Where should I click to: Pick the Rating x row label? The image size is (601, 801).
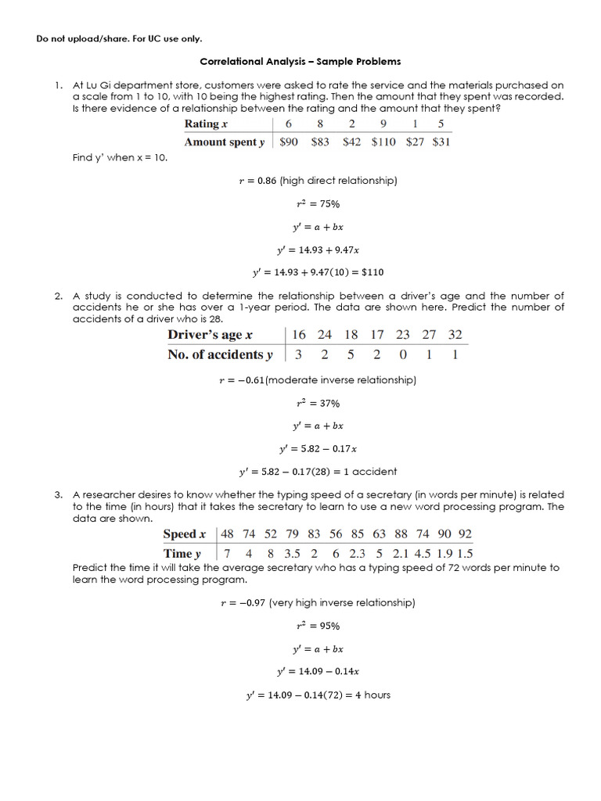[206, 124]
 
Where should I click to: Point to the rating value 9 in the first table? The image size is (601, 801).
[383, 124]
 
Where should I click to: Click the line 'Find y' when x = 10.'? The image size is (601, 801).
[120, 157]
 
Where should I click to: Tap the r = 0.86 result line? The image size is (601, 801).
[318, 181]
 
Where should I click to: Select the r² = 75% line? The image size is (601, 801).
[317, 204]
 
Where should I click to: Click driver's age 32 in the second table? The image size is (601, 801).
[455, 335]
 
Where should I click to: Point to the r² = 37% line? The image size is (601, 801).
[317, 404]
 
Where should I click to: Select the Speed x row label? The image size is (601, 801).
[184, 534]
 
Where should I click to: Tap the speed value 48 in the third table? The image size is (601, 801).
[228, 534]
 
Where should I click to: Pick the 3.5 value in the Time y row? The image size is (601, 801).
[293, 554]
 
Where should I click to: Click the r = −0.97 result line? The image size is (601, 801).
[318, 603]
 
